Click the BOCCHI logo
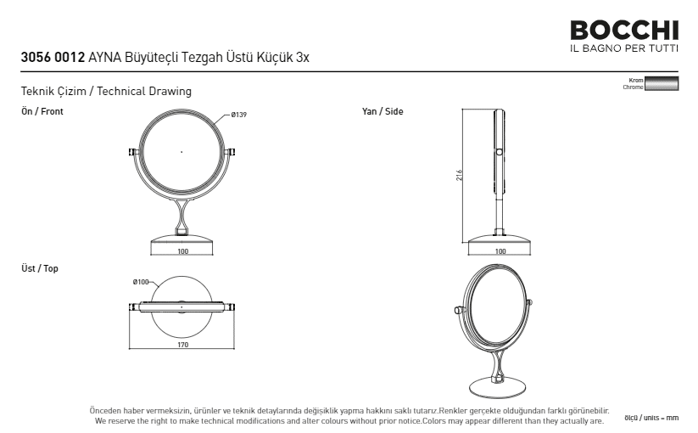[624, 31]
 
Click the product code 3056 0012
[53, 58]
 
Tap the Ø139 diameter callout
[238, 115]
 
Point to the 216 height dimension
[459, 175]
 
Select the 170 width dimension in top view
[182, 345]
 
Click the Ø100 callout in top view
[141, 282]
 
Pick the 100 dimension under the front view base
[183, 251]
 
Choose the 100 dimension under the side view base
[500, 251]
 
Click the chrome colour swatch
[662, 84]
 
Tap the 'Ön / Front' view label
[42, 111]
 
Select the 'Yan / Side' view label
[383, 111]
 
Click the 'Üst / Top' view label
[40, 268]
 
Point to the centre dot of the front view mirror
[181, 152]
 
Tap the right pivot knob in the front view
[231, 152]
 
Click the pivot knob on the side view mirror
[499, 152]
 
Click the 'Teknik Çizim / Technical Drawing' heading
[106, 92]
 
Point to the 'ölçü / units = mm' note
[651, 418]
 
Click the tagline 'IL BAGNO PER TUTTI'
[624, 48]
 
